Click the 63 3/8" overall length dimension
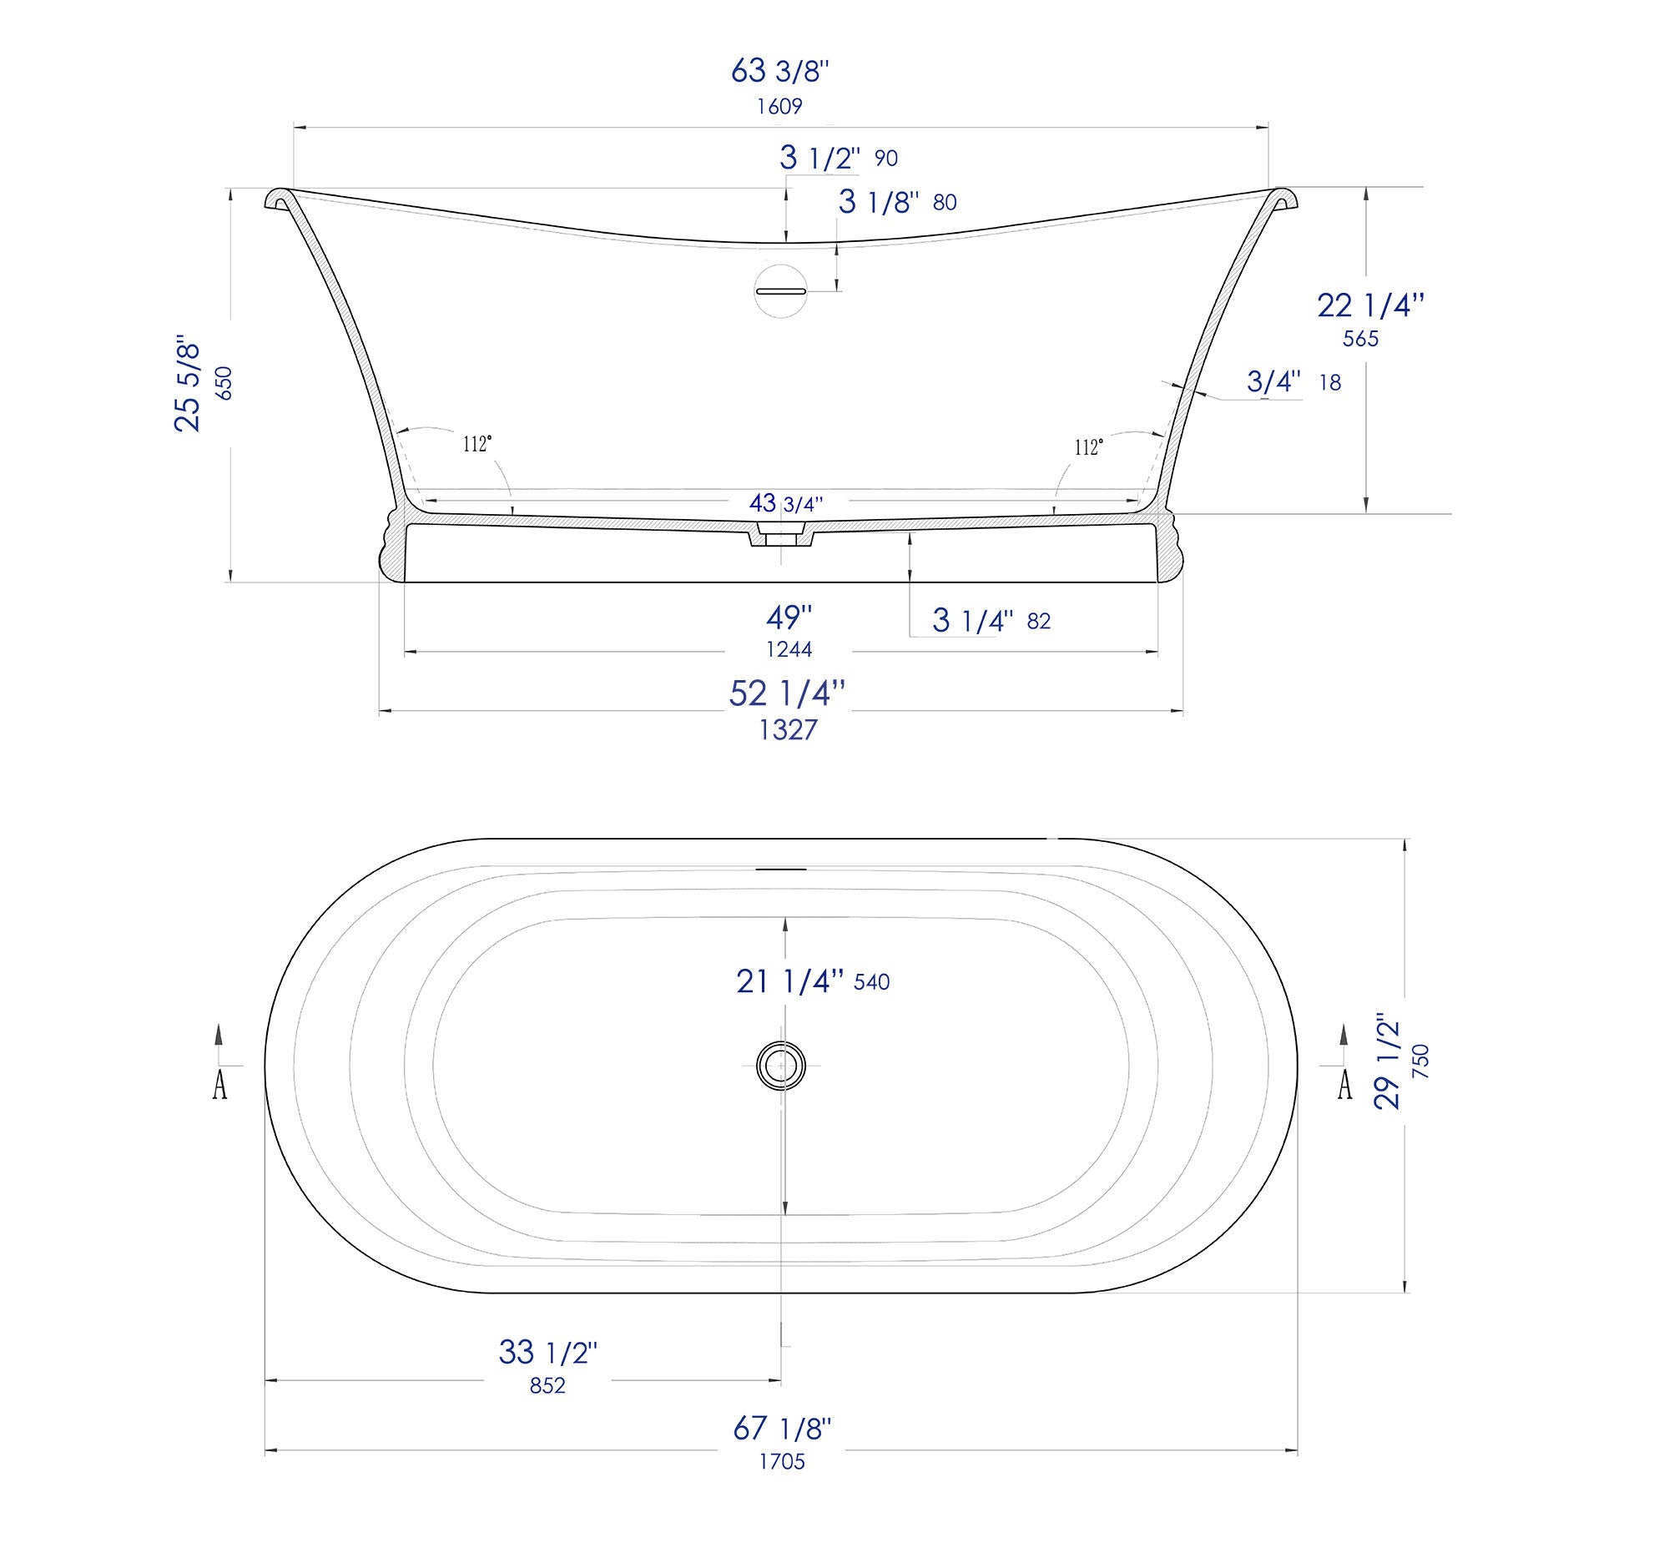(x=780, y=73)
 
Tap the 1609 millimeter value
(x=780, y=107)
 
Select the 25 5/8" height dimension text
(x=189, y=386)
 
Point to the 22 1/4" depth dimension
(x=1369, y=305)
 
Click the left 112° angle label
(x=476, y=444)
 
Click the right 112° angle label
(x=1088, y=447)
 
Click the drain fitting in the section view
(x=782, y=535)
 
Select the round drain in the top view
(x=781, y=1066)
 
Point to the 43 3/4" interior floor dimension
(x=785, y=504)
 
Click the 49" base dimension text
(x=789, y=618)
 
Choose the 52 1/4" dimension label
(x=787, y=693)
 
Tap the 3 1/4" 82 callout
(x=991, y=621)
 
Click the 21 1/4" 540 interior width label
(x=812, y=981)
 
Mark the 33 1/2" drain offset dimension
(x=547, y=1353)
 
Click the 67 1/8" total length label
(x=782, y=1428)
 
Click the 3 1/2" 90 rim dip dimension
(x=838, y=158)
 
